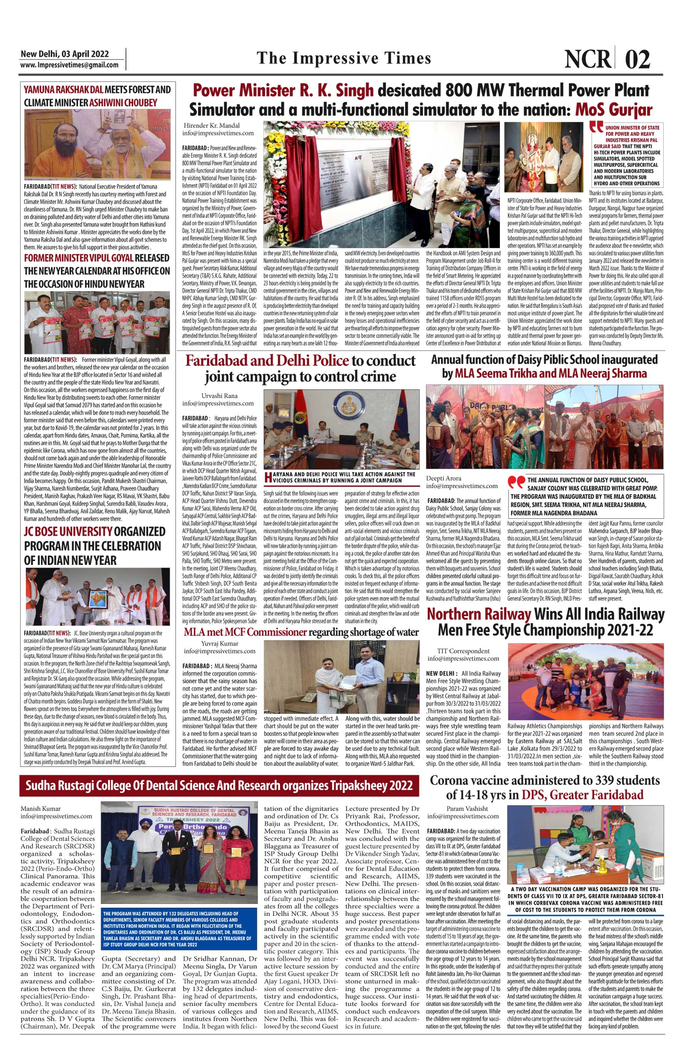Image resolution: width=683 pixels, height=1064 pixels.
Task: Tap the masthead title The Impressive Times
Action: tap(344, 58)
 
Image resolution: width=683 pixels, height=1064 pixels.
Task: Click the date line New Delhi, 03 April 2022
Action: tap(65, 54)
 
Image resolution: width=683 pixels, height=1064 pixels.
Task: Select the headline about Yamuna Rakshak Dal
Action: tap(97, 96)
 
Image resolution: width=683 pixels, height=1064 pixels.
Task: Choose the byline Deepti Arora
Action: tap(444, 478)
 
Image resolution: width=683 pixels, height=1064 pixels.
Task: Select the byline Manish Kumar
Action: tap(40, 808)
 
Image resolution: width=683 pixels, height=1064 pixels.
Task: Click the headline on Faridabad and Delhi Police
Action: tap(300, 369)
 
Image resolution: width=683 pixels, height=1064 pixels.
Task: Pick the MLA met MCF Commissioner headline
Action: tap(301, 631)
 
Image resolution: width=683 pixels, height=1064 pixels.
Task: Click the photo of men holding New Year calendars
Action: tap(97, 322)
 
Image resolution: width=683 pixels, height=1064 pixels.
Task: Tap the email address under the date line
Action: tap(69, 65)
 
